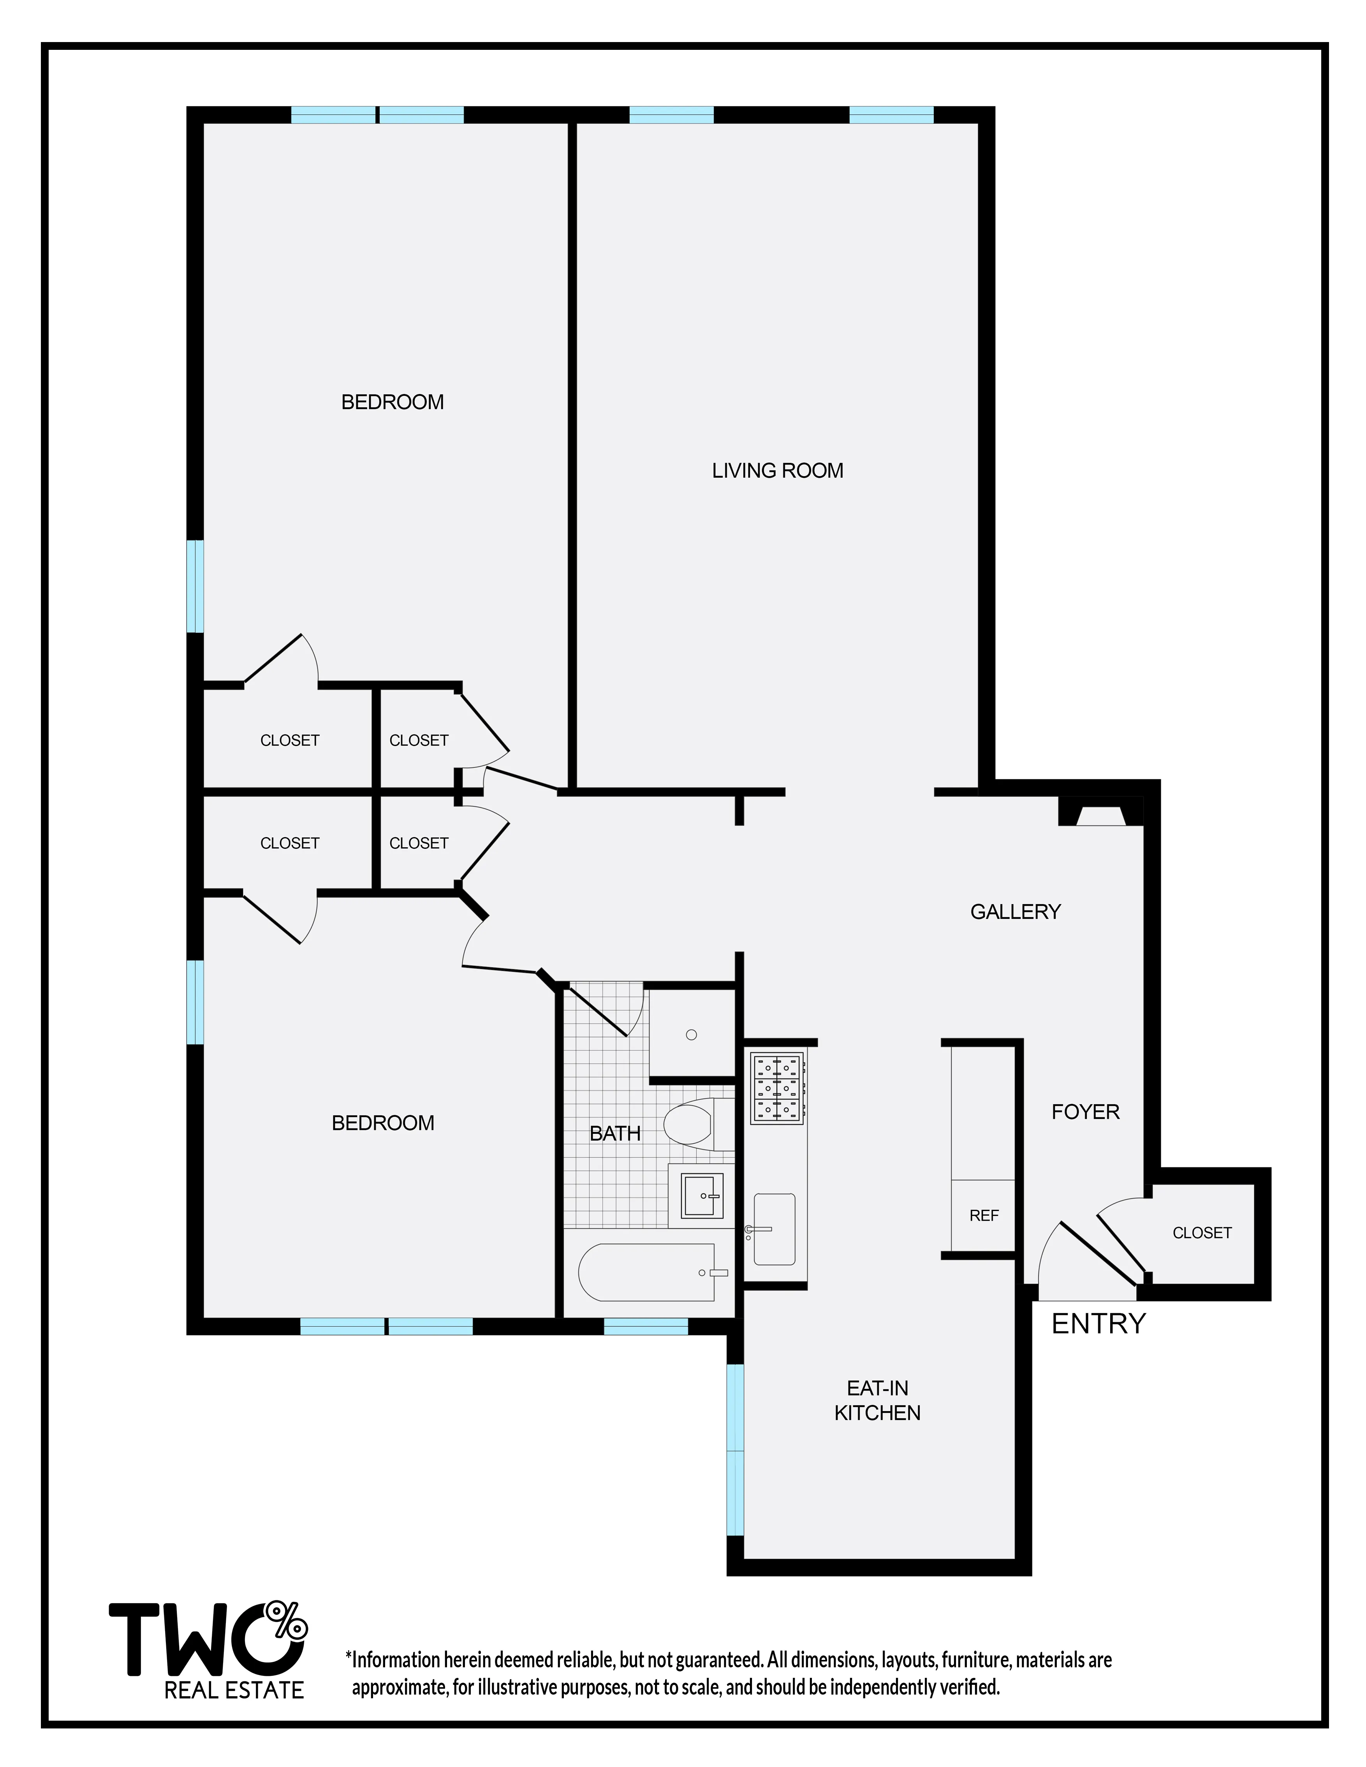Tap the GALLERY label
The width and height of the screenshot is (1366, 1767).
pyautogui.click(x=1015, y=912)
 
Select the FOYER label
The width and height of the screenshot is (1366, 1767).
pyautogui.click(x=1085, y=1112)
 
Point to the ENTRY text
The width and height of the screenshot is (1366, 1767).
pyautogui.click(x=1098, y=1323)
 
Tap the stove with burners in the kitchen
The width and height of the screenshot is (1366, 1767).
pyautogui.click(x=777, y=1088)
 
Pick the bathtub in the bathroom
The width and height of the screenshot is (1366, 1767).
pyautogui.click(x=648, y=1272)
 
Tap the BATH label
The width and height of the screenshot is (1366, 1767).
pyautogui.click(x=615, y=1133)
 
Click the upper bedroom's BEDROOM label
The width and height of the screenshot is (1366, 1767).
pyautogui.click(x=393, y=402)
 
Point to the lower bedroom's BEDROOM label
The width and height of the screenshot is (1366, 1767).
pyautogui.click(x=383, y=1123)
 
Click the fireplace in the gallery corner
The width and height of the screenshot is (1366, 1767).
pyautogui.click(x=1100, y=813)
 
